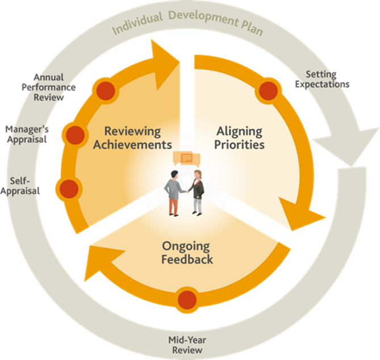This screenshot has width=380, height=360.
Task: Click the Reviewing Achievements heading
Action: [x=132, y=138]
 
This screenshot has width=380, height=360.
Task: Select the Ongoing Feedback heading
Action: [x=186, y=253]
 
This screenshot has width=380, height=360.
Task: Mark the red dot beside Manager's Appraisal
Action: [x=75, y=134]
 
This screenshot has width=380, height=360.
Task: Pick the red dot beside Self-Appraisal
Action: [x=69, y=188]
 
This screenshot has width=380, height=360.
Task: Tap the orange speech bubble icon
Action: [x=186, y=158]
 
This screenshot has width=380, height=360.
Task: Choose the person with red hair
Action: [x=197, y=191]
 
